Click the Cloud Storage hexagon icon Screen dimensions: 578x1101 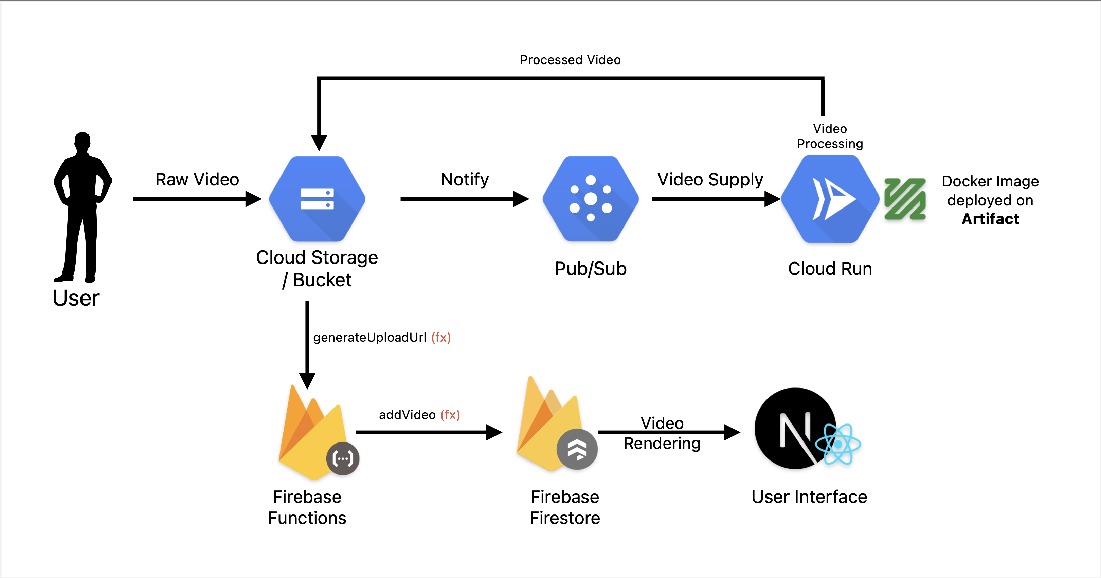coord(317,199)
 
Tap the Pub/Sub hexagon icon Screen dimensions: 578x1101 coord(591,199)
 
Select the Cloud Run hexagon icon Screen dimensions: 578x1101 coord(830,199)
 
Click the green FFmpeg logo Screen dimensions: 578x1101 coord(905,199)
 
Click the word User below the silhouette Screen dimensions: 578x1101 coord(76,298)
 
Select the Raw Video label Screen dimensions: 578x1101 coord(197,180)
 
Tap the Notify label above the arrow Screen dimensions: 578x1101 coord(465,180)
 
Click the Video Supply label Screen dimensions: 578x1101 coord(710,180)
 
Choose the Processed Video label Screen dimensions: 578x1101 coord(570,60)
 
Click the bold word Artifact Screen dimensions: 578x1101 coord(990,219)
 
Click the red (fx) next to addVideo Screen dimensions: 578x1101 coord(450,415)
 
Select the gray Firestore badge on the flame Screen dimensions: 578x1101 coord(577,449)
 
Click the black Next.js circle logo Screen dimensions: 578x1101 coord(791,428)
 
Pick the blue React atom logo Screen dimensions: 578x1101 coord(838,445)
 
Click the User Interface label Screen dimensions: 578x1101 coord(809,497)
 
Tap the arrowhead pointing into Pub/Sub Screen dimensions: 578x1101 coord(521,199)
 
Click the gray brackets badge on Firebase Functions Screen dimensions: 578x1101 coord(343,459)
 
